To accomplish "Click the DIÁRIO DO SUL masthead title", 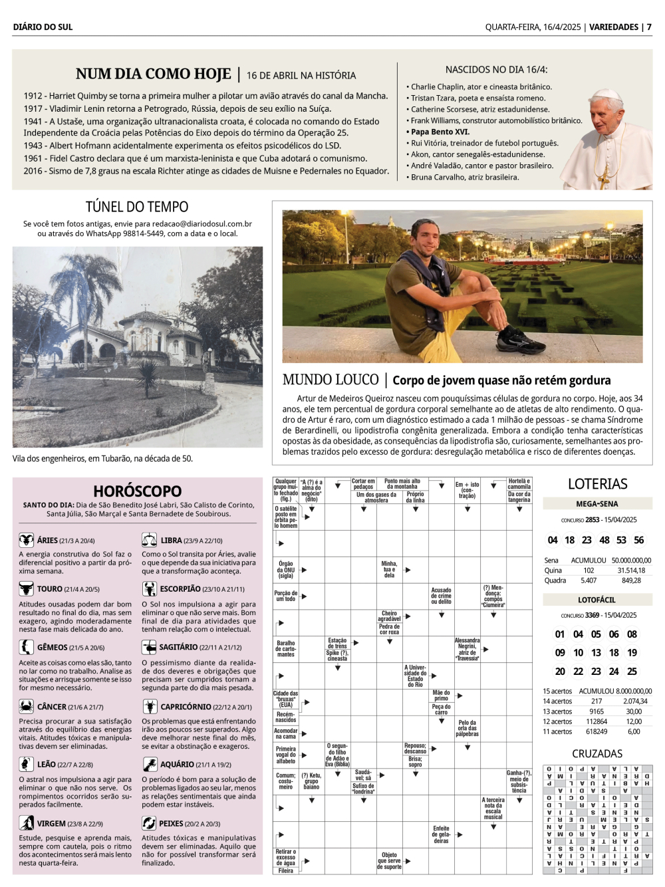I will [x=43, y=27].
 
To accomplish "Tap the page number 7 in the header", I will [x=649, y=27].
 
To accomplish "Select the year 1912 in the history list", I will [x=33, y=96].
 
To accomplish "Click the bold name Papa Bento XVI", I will [x=440, y=132].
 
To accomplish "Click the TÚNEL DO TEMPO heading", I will [x=137, y=207].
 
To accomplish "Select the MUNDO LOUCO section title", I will [x=331, y=380].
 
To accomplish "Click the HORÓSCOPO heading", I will [x=137, y=491].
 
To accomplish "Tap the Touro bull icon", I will [x=26, y=589].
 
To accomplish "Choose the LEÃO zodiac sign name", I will [x=47, y=765].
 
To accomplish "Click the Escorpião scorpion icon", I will [x=149, y=589].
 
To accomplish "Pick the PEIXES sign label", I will [x=172, y=824].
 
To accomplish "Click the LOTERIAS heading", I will [x=597, y=484].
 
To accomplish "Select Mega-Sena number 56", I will [x=638, y=540].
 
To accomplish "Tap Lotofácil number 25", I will [x=632, y=672].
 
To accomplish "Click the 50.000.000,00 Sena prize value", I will [x=631, y=561].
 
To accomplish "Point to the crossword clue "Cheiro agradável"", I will [x=389, y=616].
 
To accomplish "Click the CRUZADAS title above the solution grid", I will [x=597, y=753].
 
